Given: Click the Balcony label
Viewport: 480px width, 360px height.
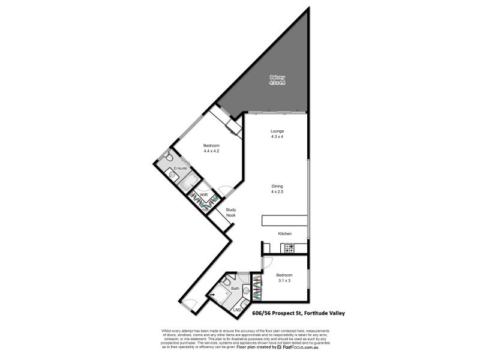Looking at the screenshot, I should [x=277, y=77].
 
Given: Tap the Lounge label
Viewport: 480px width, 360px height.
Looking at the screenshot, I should [x=277, y=131].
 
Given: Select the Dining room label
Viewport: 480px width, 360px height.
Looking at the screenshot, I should [x=277, y=186].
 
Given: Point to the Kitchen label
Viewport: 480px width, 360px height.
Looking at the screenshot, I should [x=284, y=233].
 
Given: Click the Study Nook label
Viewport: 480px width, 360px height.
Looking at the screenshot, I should [x=231, y=212].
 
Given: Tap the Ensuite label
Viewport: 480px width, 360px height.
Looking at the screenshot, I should [x=181, y=169].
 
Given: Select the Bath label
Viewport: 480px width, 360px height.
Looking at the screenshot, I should [x=236, y=289].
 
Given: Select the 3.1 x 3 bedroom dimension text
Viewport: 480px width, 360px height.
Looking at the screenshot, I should [x=284, y=280].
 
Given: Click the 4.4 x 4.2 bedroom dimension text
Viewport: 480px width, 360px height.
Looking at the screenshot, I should [x=211, y=151].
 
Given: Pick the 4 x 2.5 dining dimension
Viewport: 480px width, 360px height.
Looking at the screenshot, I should [x=277, y=192].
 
